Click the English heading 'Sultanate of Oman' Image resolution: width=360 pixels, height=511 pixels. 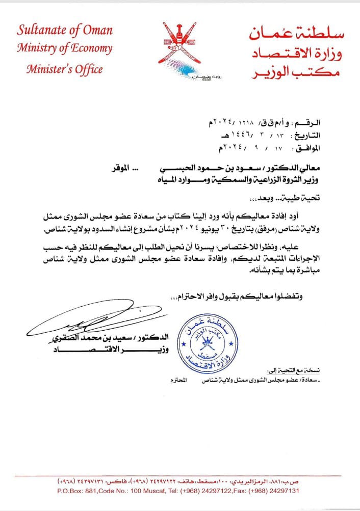(65, 29)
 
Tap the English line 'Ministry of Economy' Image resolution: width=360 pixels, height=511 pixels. (64, 48)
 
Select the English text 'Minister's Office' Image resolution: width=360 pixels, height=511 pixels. (64, 69)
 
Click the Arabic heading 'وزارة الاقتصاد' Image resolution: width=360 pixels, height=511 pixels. (297, 53)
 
